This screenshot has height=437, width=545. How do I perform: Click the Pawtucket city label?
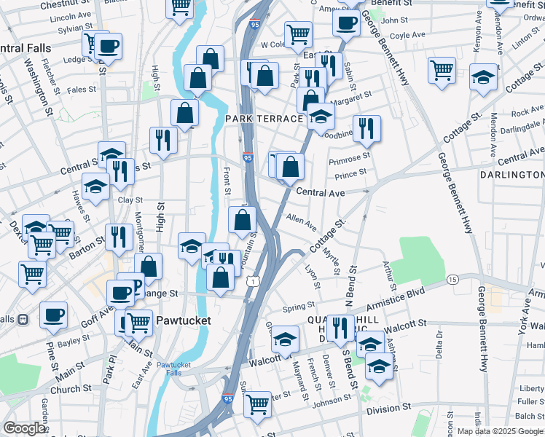(x=183, y=320)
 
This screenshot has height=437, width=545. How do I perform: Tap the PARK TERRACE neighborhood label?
(x=263, y=119)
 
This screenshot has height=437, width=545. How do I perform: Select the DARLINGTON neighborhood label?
(x=511, y=175)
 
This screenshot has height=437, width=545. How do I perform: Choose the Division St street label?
(x=388, y=410)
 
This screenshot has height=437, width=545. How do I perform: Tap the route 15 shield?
(x=452, y=280)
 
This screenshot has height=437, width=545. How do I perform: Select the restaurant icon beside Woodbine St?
(x=366, y=128)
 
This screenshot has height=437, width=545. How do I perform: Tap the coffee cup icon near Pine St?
(x=53, y=315)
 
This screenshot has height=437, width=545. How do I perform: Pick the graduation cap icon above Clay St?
(x=95, y=186)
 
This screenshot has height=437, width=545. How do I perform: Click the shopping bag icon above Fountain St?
(x=242, y=219)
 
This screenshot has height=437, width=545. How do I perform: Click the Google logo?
(x=24, y=429)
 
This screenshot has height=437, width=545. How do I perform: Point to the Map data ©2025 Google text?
(x=499, y=431)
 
